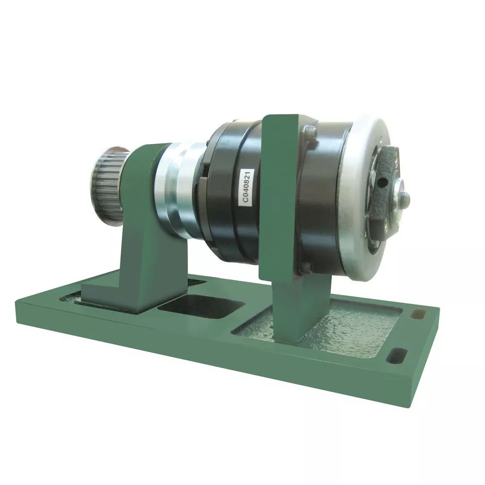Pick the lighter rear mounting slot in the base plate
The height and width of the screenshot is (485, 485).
(417, 314)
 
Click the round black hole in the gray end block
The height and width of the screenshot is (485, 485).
(385, 182)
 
